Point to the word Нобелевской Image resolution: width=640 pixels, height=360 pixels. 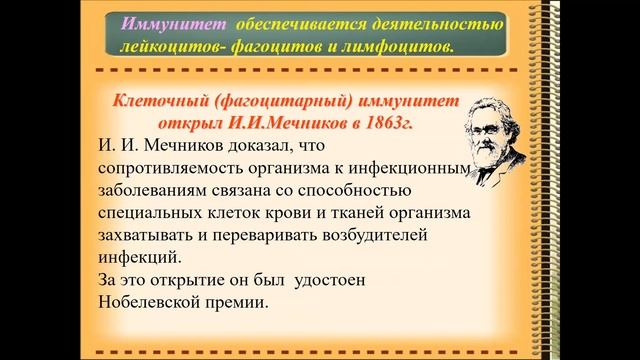pyautogui.click(x=154, y=299)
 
